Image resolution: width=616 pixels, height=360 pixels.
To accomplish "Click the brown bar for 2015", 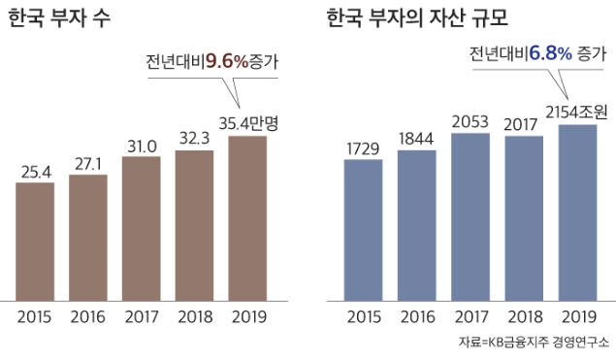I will (35, 240).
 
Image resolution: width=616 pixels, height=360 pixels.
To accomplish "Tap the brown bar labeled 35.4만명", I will (248, 217).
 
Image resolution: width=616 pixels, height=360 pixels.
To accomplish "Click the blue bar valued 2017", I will (525, 217).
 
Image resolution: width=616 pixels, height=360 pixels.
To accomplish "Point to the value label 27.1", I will (88, 164).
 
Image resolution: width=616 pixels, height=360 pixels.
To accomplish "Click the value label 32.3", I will (194, 139).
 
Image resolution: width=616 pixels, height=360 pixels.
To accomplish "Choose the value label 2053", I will (470, 121).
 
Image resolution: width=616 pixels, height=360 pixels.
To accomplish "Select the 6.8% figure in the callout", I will (549, 53).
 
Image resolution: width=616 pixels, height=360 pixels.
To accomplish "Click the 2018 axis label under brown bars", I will (194, 315).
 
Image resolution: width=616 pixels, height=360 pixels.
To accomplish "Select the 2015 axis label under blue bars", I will (364, 315).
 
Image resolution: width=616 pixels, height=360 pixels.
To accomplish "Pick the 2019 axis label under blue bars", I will (578, 315).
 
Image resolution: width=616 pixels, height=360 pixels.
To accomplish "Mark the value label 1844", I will (416, 139).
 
